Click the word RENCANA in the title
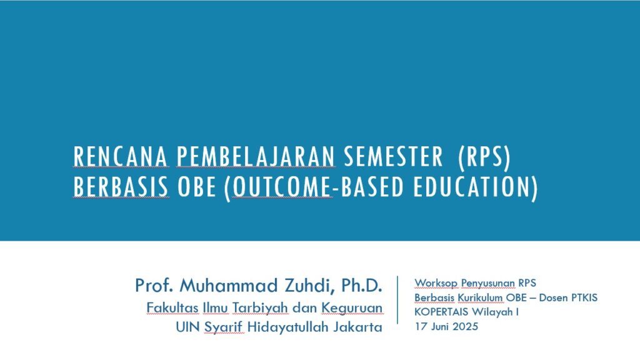coord(121,157)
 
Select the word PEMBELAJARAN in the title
coord(256,157)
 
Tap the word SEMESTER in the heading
coord(393,157)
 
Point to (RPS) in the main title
coord(484,157)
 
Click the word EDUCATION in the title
coord(476,187)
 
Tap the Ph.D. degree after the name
coord(361,285)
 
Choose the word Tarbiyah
coord(260,308)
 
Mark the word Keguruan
coord(352,308)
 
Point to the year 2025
coord(465,326)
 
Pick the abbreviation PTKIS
coord(584,297)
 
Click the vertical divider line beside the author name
coord(397,300)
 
